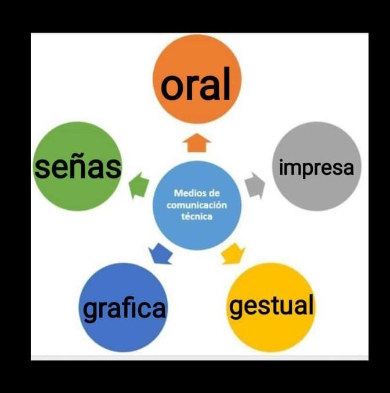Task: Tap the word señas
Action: (78, 167)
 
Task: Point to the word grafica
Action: (124, 309)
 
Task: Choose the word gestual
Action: (272, 306)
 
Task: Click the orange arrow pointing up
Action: (196, 142)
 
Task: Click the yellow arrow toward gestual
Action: (233, 254)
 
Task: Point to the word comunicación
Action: (197, 205)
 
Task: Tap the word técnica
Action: (197, 216)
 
